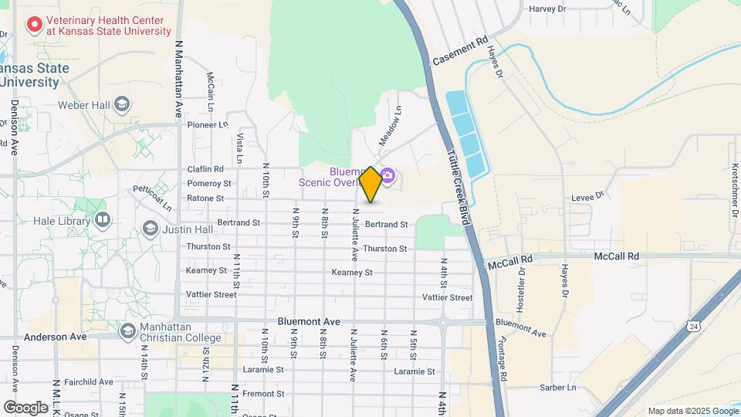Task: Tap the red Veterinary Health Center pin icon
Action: coord(34,25)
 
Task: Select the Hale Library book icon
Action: coord(102,221)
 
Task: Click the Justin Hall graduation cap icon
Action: coord(150,229)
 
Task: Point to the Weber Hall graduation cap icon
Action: coord(121,104)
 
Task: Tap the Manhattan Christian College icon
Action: coord(127,331)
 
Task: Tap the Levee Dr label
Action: coord(586,198)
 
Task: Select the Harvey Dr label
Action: coord(547,9)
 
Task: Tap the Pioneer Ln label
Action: coord(208,124)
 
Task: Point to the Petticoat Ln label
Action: coord(151,197)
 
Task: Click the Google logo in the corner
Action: coord(25,407)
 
